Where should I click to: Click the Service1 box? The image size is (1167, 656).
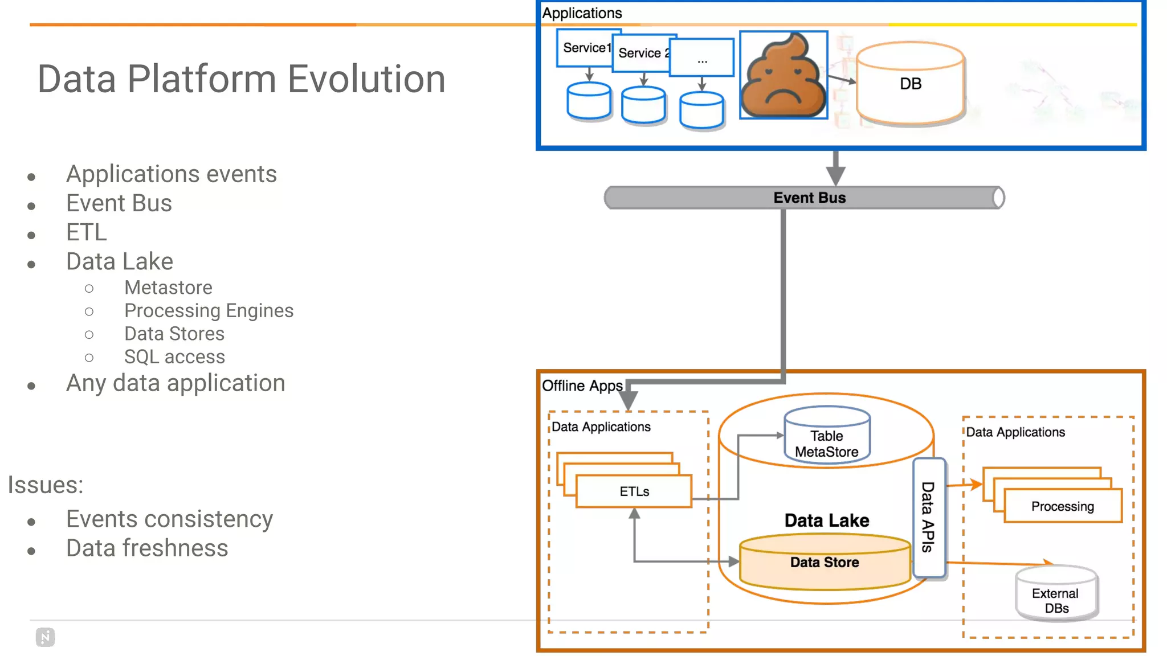586,48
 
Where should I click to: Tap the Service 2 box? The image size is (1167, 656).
642,53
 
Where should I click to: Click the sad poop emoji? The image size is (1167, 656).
784,75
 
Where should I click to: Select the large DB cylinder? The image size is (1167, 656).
910,84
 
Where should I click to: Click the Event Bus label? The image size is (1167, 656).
809,198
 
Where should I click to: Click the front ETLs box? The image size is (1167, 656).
634,491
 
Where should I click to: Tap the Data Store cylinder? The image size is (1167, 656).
825,563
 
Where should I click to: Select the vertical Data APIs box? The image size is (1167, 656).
929,516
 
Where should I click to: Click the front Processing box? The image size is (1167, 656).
1062,506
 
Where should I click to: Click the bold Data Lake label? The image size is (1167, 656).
826,520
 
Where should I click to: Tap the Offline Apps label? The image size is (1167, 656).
582,386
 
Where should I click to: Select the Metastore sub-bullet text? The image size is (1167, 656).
168,288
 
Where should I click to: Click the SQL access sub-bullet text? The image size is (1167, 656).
174,356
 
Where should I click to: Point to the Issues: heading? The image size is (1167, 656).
45,485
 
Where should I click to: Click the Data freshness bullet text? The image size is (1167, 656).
147,548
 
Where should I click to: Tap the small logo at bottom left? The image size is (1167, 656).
45,637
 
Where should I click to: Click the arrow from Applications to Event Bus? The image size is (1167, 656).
835,167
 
